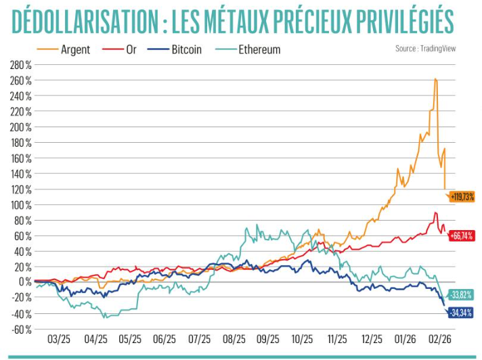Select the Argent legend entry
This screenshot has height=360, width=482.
tap(75, 49)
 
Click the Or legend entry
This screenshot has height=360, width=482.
tap(130, 49)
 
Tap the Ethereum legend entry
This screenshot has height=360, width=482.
tap(259, 49)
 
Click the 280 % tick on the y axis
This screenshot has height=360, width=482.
tap(20, 65)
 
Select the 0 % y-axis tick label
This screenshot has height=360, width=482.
tap(25, 282)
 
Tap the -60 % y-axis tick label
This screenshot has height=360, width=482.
tap(20, 329)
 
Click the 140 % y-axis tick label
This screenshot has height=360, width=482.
tap(20, 174)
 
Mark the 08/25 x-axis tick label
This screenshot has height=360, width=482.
tap(234, 339)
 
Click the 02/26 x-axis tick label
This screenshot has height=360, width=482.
tap(440, 339)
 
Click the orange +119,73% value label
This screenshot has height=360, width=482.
tap(461, 197)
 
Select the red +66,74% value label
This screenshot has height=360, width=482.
tap(461, 236)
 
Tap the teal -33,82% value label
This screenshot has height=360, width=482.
tap(461, 295)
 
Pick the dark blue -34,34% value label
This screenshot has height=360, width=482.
tap(461, 313)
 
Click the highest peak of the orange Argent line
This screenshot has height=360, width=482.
tap(435, 79)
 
